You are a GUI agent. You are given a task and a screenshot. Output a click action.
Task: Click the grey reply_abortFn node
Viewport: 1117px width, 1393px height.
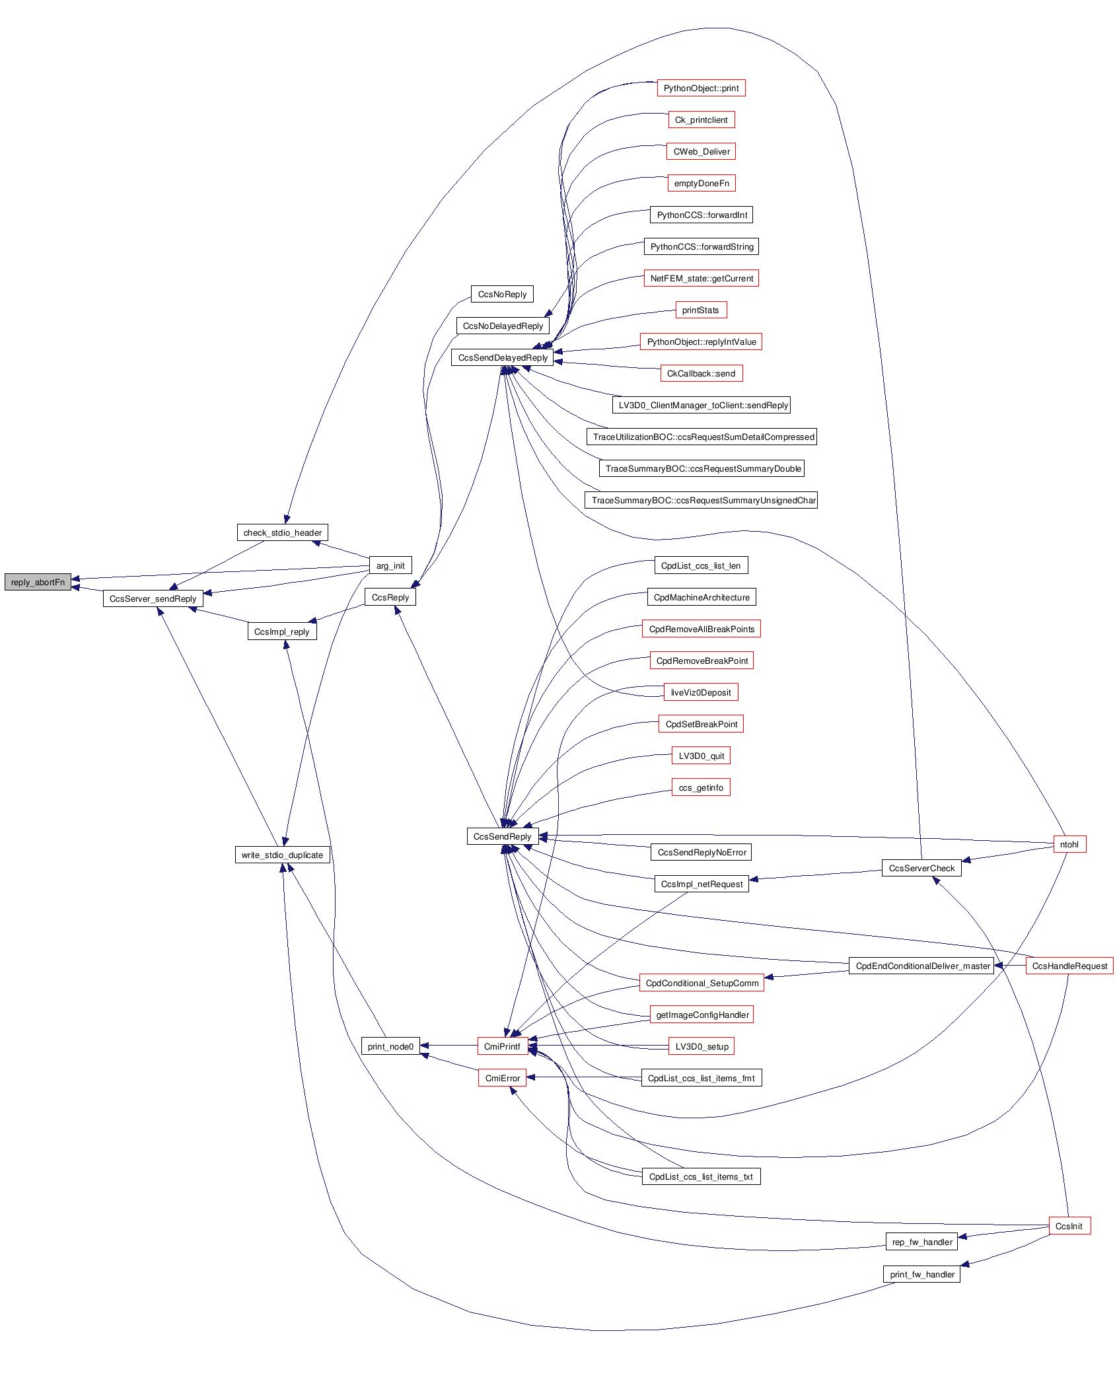point(38,582)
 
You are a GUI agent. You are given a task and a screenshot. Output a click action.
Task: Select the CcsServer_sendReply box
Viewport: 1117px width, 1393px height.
point(153,598)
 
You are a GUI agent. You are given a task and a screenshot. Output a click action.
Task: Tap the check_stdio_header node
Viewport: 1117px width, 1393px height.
point(282,532)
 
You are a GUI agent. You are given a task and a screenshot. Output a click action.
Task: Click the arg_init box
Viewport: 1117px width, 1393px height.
point(390,565)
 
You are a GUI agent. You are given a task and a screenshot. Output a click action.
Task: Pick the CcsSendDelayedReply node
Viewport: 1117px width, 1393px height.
point(503,357)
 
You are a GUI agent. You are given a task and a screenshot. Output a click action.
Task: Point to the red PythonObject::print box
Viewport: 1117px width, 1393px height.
point(701,88)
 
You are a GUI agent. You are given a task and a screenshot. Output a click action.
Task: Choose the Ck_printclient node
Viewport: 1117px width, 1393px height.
point(701,120)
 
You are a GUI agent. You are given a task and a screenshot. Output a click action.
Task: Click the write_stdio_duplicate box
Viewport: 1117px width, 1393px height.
point(282,855)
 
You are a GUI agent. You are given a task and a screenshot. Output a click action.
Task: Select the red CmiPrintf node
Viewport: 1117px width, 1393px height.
point(502,1046)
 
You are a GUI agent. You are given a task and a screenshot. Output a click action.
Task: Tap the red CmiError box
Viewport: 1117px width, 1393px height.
point(502,1078)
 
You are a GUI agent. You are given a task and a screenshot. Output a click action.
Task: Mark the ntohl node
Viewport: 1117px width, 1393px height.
point(1069,844)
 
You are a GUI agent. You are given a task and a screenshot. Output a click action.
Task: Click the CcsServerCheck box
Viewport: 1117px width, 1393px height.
point(921,868)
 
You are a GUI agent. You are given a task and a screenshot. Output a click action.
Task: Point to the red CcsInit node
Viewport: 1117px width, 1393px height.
point(1069,1226)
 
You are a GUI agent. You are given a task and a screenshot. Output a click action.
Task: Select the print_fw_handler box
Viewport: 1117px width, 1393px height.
point(921,1274)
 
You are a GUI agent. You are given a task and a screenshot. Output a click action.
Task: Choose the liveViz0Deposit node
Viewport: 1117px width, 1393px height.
point(701,692)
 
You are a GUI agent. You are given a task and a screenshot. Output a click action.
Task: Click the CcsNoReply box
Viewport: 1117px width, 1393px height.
point(502,294)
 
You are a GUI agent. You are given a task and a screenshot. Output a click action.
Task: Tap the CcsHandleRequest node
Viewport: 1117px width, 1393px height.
point(1069,966)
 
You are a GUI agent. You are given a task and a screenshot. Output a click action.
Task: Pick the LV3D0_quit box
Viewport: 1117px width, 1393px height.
point(701,756)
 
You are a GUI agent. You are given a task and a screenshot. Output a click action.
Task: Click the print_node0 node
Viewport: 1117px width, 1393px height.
point(390,1046)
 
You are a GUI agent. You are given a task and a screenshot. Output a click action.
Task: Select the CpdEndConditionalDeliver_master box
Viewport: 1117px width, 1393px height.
point(922,966)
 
